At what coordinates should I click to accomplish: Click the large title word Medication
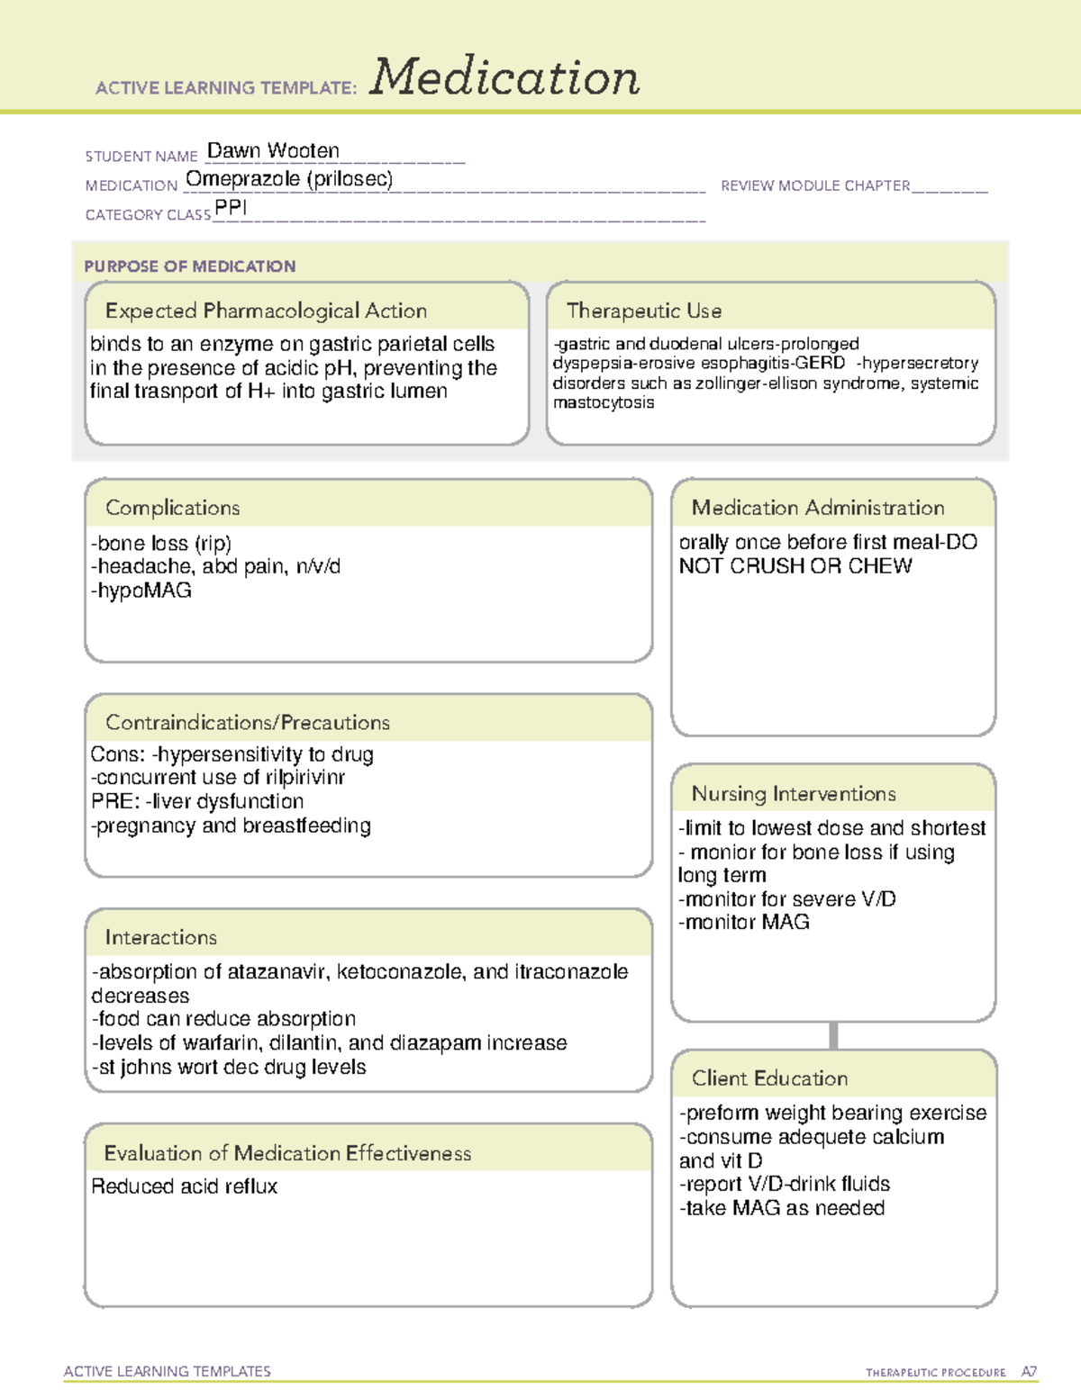tap(504, 77)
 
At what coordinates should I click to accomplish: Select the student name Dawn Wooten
tap(273, 150)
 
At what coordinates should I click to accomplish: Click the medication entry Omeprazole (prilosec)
tap(289, 179)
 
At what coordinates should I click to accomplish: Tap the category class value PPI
tap(231, 208)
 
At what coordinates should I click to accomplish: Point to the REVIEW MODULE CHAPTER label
tap(815, 185)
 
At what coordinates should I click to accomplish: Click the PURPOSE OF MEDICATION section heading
tap(189, 266)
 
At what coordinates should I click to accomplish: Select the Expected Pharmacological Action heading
tap(266, 311)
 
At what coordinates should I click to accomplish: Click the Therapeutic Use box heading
tap(644, 311)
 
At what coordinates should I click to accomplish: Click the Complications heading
tap(173, 508)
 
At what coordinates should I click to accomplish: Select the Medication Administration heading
tap(818, 508)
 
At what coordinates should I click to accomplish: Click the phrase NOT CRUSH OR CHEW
tap(795, 566)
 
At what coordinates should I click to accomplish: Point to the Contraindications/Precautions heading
tap(248, 722)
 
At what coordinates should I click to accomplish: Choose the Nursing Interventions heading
tap(794, 793)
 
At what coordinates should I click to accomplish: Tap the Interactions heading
tap(161, 937)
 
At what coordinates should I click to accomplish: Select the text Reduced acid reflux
tap(185, 1186)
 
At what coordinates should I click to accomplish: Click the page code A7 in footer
tap(1029, 1372)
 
